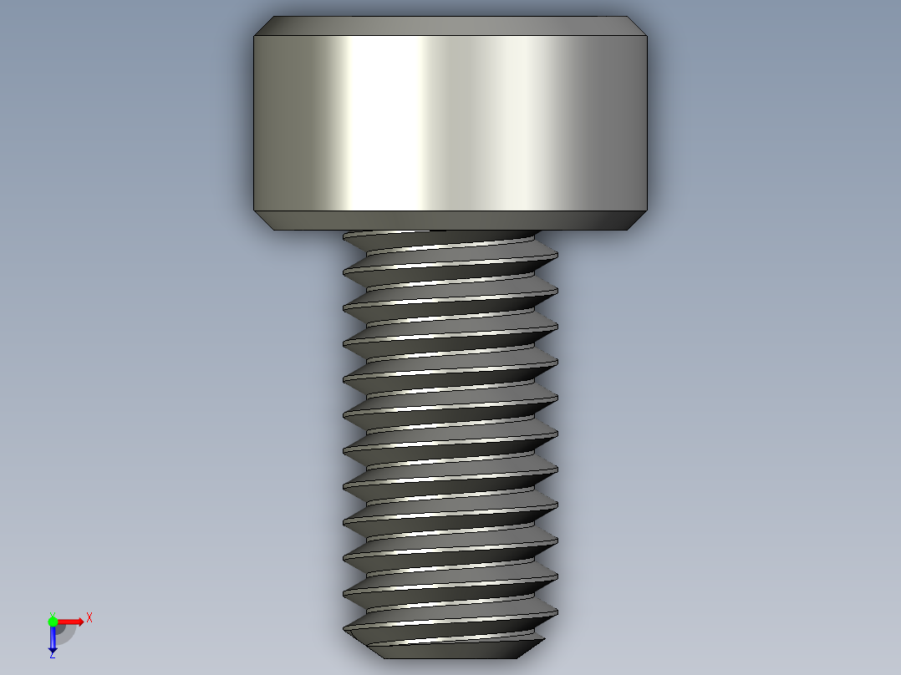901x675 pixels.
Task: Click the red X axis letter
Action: pos(89,617)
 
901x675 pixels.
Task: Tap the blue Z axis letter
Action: pos(52,655)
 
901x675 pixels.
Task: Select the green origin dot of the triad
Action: pos(53,621)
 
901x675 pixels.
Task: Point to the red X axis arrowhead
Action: pos(79,621)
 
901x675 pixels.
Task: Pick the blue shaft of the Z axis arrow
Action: pos(53,634)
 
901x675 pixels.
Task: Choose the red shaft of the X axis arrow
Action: pos(67,621)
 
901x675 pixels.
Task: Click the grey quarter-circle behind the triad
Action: pos(66,633)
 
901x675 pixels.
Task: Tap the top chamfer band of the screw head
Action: pos(451,26)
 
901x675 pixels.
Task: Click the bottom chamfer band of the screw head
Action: pos(451,220)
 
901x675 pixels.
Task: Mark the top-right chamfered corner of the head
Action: pos(639,26)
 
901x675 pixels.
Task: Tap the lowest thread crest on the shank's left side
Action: pos(345,627)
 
